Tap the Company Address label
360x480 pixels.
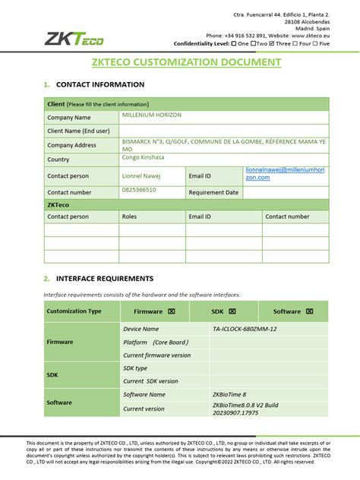pyautogui.click(x=71, y=145)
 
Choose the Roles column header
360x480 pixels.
pyautogui.click(x=130, y=216)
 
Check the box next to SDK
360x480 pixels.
pyautogui.click(x=232, y=311)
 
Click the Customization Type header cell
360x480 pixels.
pyautogui.click(x=74, y=311)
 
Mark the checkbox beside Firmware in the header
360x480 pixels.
pyautogui.click(x=172, y=311)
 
